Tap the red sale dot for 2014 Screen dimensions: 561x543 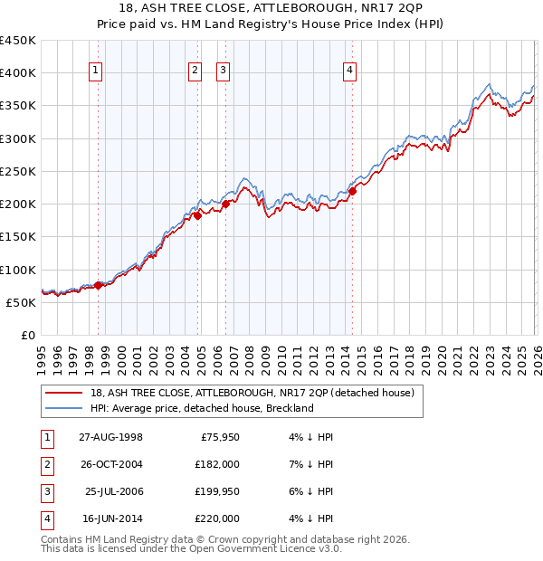353,191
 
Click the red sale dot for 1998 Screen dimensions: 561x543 99,285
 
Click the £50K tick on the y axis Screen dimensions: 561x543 21,302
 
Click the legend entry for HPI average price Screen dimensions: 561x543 201,408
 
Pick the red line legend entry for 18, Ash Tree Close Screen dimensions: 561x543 252,393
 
